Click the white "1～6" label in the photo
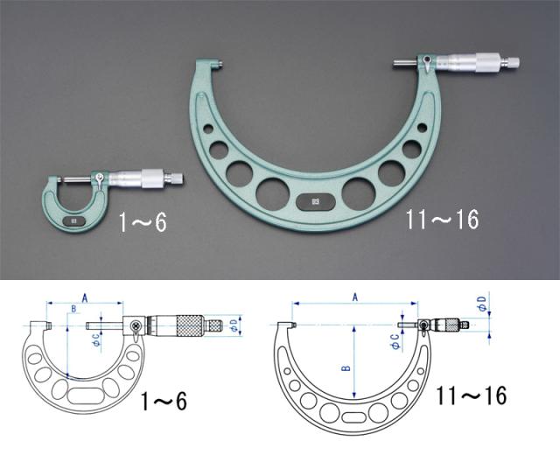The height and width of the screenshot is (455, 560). pos(143,224)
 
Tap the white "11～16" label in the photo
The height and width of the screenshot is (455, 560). pos(442,220)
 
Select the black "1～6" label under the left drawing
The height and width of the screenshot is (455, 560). pos(164,402)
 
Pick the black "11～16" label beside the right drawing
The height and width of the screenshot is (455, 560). pos(471,395)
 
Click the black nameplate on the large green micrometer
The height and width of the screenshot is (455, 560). pos(316,202)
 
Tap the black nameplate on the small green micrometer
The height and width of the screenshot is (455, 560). pos(74,221)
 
